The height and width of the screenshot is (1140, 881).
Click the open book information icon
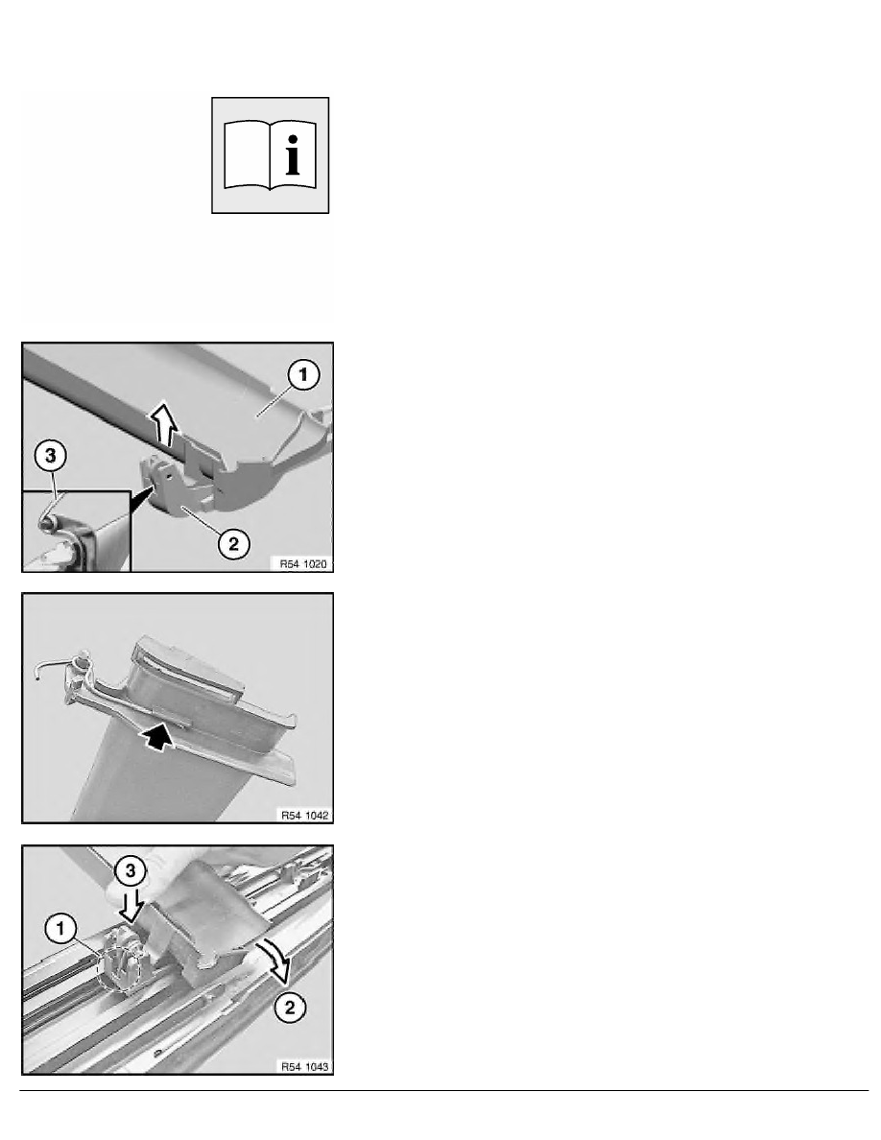(x=270, y=155)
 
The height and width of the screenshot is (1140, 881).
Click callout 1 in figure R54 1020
(x=303, y=375)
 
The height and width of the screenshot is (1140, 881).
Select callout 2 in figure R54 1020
(x=233, y=543)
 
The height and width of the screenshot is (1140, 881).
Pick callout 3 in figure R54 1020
(x=50, y=456)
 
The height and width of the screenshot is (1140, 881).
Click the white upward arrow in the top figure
(x=165, y=424)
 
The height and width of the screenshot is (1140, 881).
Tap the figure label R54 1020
(x=303, y=563)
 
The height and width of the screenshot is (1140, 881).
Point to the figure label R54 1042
(x=304, y=815)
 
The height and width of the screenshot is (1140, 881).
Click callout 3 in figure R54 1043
(x=131, y=870)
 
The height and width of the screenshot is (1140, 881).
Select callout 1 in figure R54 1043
(x=60, y=929)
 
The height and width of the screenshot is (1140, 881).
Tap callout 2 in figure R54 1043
(x=290, y=1007)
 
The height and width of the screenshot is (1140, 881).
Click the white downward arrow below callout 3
(x=131, y=905)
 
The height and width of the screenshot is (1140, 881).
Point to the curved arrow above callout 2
(x=277, y=959)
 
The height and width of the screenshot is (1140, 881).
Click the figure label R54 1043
(x=304, y=1066)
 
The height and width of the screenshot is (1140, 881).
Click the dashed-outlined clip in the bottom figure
(x=121, y=963)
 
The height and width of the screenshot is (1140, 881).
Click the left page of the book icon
(x=247, y=155)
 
